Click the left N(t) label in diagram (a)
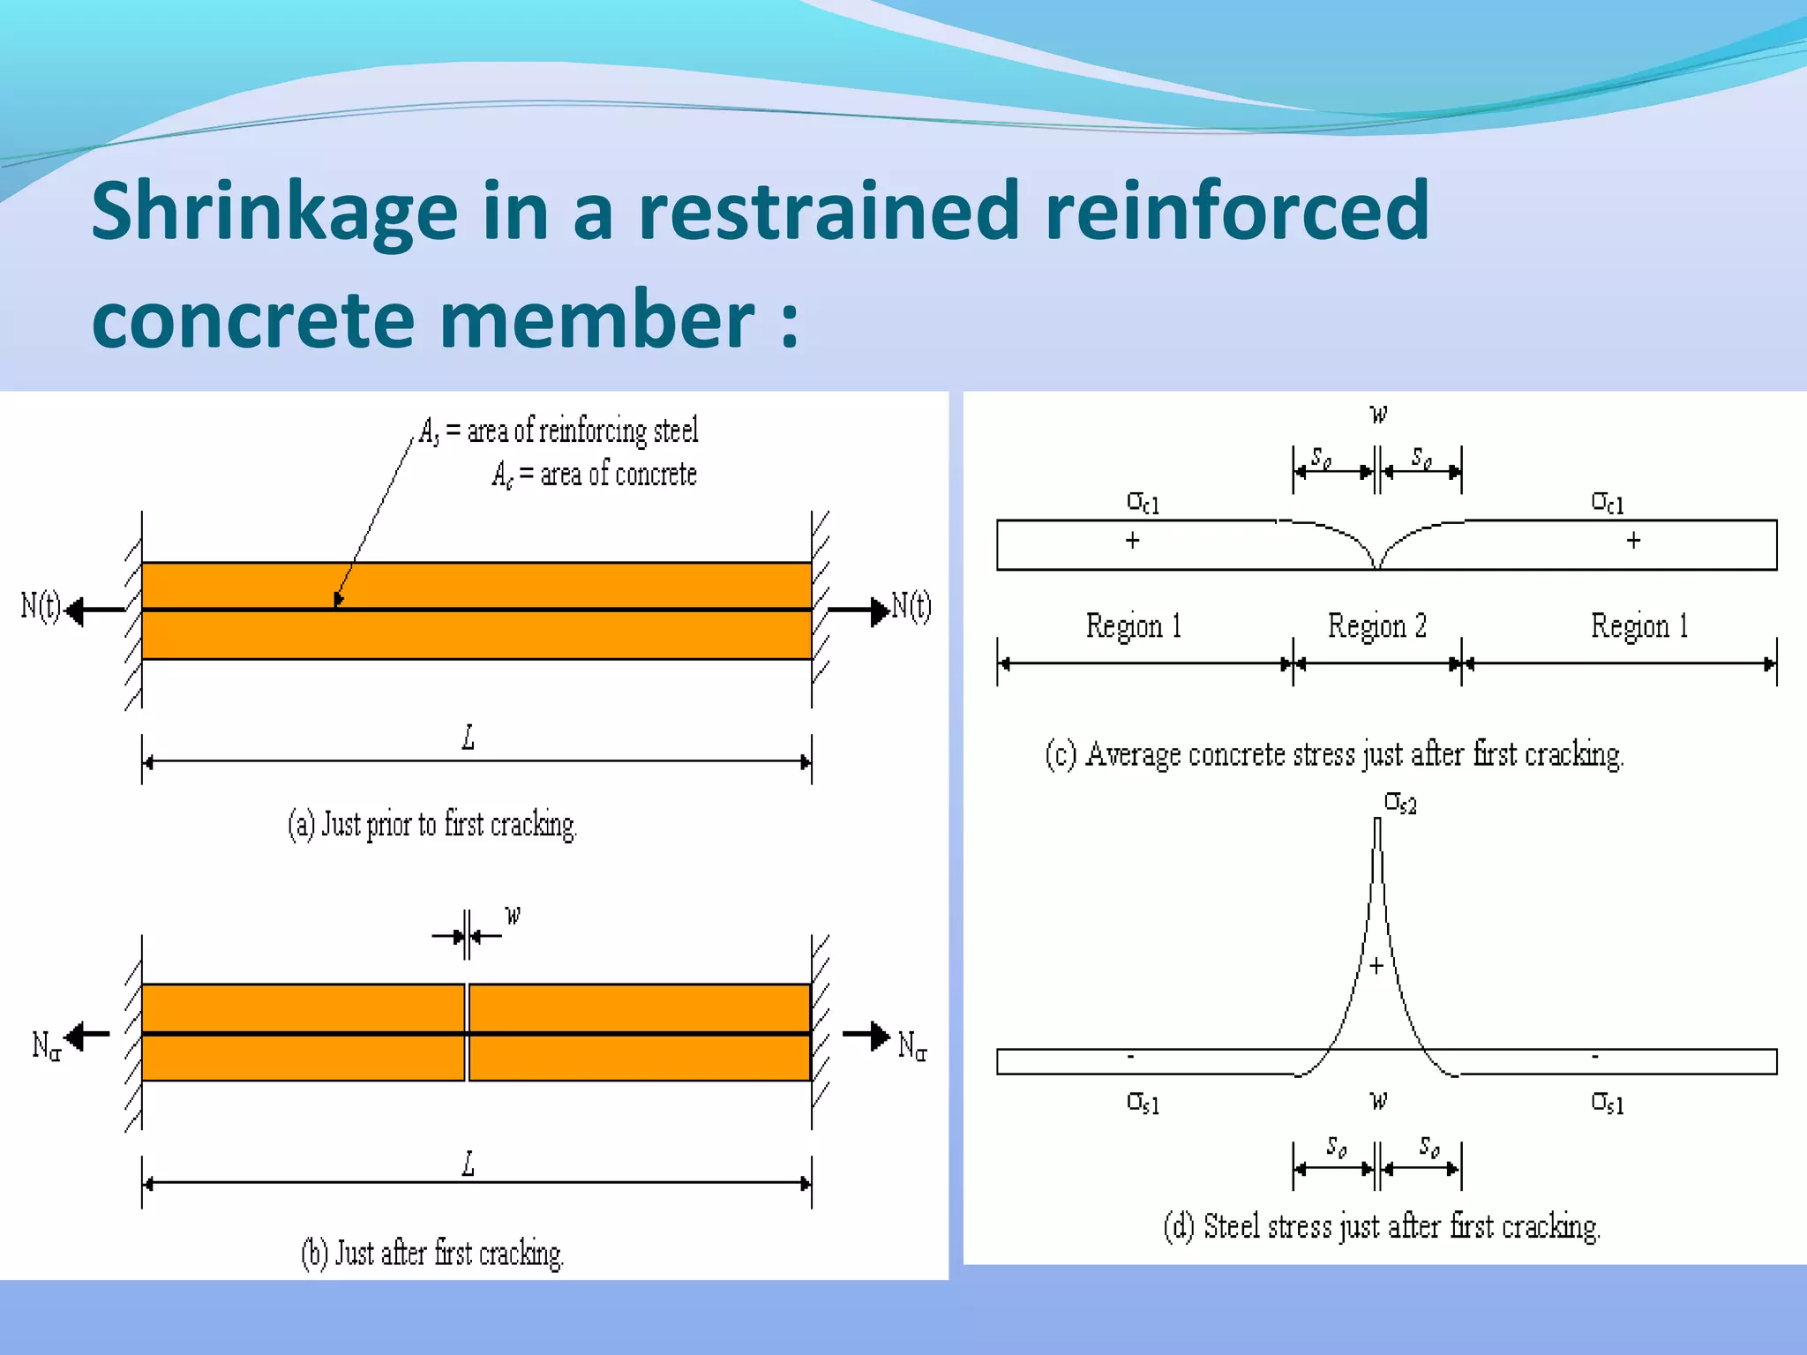pyautogui.click(x=41, y=607)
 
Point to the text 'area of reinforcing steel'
pyautogui.click(x=582, y=430)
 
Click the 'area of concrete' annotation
pyautogui.click(x=618, y=475)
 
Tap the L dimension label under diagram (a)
pyautogui.click(x=469, y=737)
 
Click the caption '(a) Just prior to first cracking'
pyautogui.click(x=432, y=825)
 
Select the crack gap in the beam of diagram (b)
pyautogui.click(x=467, y=1032)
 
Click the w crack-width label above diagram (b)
pyautogui.click(x=513, y=915)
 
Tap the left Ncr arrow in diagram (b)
pyautogui.click(x=88, y=1035)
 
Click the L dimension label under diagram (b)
pyautogui.click(x=469, y=1164)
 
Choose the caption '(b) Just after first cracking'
pyautogui.click(x=432, y=1254)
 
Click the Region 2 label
pyautogui.click(x=1376, y=626)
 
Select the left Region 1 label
pyautogui.click(x=1134, y=626)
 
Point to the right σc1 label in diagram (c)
pyautogui.click(x=1607, y=503)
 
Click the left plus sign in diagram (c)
pyautogui.click(x=1133, y=540)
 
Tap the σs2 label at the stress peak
pyautogui.click(x=1400, y=803)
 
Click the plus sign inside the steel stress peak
pyautogui.click(x=1376, y=966)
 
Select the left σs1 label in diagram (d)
pyautogui.click(x=1143, y=1103)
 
